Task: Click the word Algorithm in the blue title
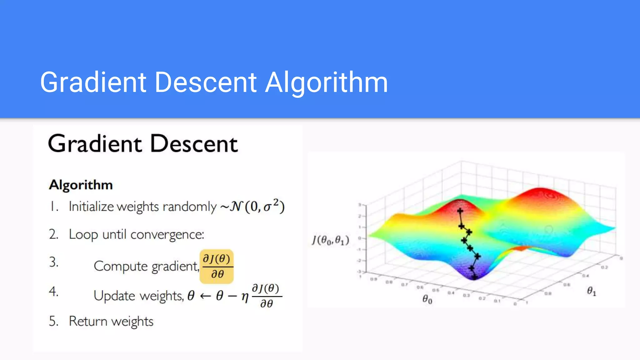[326, 82]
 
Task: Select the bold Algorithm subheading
[81, 185]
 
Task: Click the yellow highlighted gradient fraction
[217, 266]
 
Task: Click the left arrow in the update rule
[205, 296]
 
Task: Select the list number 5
[53, 321]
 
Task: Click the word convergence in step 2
[167, 234]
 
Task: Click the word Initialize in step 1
[91, 207]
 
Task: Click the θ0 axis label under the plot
[427, 299]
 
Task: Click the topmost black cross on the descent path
[460, 211]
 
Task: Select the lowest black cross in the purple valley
[474, 277]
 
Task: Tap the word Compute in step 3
[121, 266]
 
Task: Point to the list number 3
[54, 262]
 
